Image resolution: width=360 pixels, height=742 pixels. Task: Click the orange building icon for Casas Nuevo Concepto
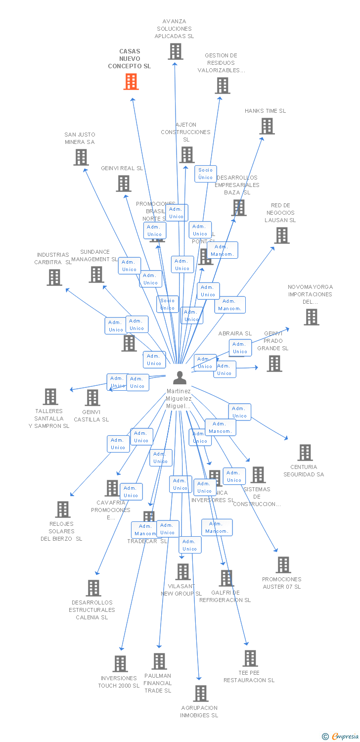click(131, 82)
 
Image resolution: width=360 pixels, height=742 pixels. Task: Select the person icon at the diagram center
click(180, 377)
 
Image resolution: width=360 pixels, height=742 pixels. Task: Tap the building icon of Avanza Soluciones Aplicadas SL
click(176, 51)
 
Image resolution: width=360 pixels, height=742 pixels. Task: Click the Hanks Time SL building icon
click(267, 126)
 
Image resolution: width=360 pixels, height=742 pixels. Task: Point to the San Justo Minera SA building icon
click(81, 157)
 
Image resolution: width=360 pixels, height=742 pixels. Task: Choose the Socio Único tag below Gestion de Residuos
click(205, 174)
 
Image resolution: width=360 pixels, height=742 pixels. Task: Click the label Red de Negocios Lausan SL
click(280, 213)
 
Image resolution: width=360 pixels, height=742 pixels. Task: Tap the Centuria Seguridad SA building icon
click(305, 453)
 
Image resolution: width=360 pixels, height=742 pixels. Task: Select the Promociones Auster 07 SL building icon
click(283, 565)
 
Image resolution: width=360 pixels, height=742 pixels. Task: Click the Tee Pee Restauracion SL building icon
click(251, 658)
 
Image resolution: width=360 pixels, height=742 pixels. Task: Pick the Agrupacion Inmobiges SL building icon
click(201, 694)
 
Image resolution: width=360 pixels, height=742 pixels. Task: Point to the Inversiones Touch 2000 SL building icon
click(120, 664)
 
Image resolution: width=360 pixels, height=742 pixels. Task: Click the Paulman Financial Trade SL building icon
click(159, 661)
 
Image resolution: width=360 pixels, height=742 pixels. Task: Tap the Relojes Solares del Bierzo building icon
click(63, 510)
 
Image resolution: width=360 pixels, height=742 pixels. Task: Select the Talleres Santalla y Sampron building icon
click(50, 397)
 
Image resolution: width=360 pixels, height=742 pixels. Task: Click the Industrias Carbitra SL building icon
click(54, 278)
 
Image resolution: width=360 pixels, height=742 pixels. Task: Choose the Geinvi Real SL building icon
click(124, 184)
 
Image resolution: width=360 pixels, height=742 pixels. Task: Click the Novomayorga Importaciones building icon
click(312, 317)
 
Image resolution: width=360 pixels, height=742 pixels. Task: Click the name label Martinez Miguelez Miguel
click(179, 399)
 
